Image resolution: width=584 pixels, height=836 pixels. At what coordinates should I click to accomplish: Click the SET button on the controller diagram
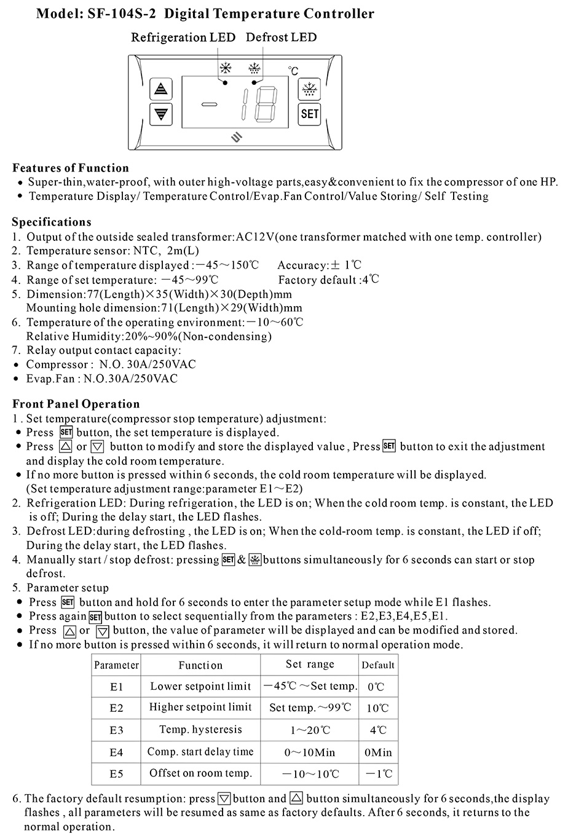(310, 114)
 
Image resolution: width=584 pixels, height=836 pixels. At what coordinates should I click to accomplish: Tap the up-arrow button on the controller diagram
(161, 89)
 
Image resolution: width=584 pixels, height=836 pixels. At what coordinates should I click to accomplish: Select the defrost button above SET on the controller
(309, 90)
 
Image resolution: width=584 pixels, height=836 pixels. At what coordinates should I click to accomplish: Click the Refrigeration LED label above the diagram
(183, 37)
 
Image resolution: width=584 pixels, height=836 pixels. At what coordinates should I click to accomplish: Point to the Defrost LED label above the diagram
(281, 37)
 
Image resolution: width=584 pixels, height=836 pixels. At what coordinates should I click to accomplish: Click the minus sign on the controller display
(209, 104)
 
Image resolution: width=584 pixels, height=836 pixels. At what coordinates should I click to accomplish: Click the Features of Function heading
(71, 168)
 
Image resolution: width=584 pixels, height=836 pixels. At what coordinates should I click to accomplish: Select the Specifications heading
(52, 222)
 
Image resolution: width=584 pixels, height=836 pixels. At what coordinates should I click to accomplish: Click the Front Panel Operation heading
(76, 404)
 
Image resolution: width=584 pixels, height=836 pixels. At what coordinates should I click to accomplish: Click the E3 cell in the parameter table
(116, 730)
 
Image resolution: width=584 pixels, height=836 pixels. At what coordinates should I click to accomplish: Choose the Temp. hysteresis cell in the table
(200, 730)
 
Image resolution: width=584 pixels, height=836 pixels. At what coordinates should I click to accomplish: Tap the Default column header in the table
(378, 665)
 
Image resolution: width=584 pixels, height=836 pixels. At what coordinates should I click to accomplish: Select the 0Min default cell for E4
(378, 752)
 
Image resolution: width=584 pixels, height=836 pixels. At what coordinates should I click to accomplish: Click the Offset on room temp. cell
(200, 773)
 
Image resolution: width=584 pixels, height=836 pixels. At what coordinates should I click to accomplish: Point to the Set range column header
(310, 664)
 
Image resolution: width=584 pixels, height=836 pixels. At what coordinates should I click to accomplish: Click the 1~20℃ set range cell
(310, 730)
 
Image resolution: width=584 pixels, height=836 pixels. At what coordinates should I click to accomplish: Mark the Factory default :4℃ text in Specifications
(328, 280)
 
